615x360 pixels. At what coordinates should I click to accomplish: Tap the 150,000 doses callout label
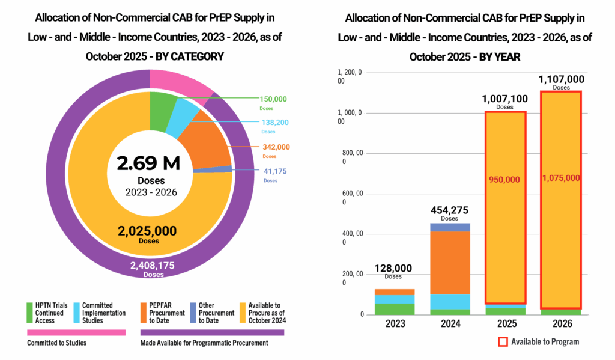coord(273,99)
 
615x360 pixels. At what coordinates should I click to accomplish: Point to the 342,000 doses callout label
coord(276,147)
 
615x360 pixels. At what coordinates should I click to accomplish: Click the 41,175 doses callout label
coord(274,171)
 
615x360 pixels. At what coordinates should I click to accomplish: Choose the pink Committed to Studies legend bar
coord(76,332)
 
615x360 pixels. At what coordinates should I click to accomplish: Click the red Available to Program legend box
coord(503,342)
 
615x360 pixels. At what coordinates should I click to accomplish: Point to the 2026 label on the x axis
coord(562,323)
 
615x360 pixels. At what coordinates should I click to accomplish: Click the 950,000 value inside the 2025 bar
coord(505,179)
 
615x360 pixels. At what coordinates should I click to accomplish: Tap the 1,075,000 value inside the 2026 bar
coord(562,178)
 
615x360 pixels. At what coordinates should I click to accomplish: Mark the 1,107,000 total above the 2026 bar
coord(562,79)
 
